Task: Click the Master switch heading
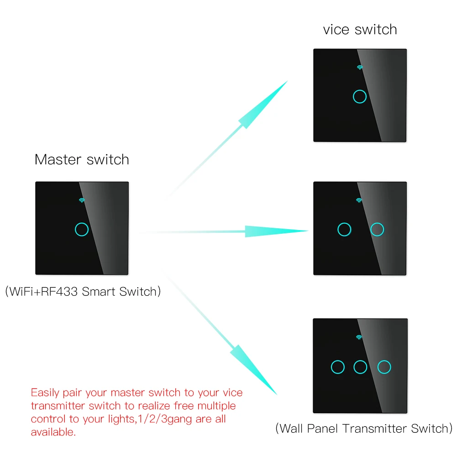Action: pyautogui.click(x=82, y=160)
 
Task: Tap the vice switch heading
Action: pyautogui.click(x=360, y=30)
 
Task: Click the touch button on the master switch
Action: pyautogui.click(x=82, y=229)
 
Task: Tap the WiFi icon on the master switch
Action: pyautogui.click(x=82, y=200)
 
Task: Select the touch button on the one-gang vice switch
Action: pyautogui.click(x=360, y=96)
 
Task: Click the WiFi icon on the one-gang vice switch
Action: pyautogui.click(x=360, y=67)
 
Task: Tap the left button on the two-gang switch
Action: pyautogui.click(x=344, y=229)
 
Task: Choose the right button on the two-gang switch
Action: pyautogui.click(x=377, y=229)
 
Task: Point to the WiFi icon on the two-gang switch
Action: pyautogui.click(x=359, y=200)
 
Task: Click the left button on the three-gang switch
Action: pyautogui.click(x=337, y=366)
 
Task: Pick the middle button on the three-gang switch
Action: pyautogui.click(x=360, y=366)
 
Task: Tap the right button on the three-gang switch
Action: pyautogui.click(x=384, y=366)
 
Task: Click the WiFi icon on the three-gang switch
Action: pyautogui.click(x=359, y=337)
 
